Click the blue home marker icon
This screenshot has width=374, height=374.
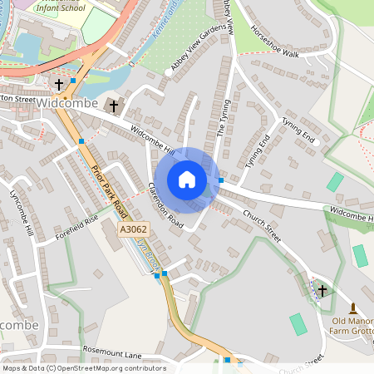187,180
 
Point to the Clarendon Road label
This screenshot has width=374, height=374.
165,205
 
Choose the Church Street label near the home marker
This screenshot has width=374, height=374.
262,225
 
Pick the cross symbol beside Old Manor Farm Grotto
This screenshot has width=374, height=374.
323,290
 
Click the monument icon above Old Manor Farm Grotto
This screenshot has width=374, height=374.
352,308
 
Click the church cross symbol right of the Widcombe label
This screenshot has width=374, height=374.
114,106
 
